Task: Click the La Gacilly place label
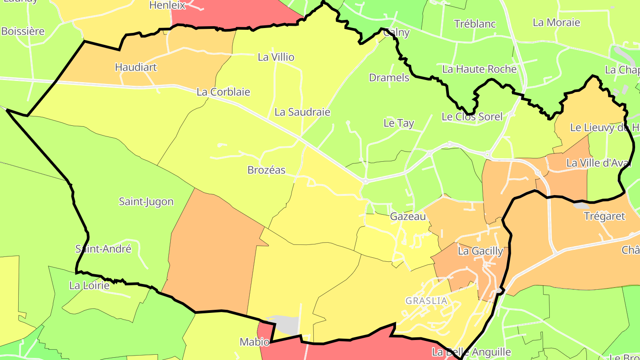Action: pyautogui.click(x=480, y=251)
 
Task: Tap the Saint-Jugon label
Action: pyautogui.click(x=146, y=202)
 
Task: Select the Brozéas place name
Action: pyautogui.click(x=266, y=170)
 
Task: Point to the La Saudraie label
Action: pyautogui.click(x=302, y=112)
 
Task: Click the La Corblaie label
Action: pyautogui.click(x=223, y=92)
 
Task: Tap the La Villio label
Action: pyautogui.click(x=276, y=57)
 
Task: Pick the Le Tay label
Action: pyautogui.click(x=399, y=123)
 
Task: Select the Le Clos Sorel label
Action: pyautogui.click(x=472, y=117)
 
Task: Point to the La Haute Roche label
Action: pyautogui.click(x=479, y=69)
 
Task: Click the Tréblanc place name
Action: pyautogui.click(x=475, y=24)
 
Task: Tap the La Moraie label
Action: pyautogui.click(x=556, y=23)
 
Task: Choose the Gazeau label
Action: pyautogui.click(x=408, y=217)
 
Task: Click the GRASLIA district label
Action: pyautogui.click(x=426, y=301)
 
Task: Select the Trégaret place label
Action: pyautogui.click(x=604, y=216)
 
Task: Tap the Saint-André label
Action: pyautogui.click(x=103, y=249)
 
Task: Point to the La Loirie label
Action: pyautogui.click(x=89, y=285)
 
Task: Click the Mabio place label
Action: pyautogui.click(x=254, y=342)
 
